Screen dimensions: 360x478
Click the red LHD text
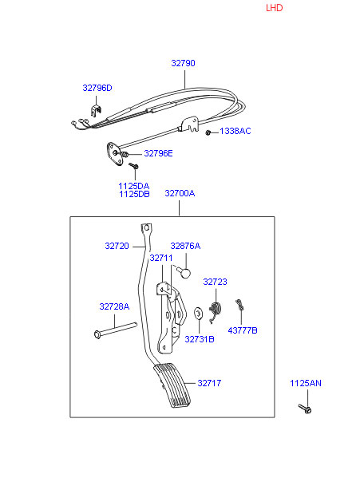coord(274,8)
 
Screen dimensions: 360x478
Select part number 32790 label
coord(183,63)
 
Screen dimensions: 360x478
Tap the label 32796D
coord(97,88)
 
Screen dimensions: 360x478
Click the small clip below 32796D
coord(96,110)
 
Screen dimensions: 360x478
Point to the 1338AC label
coord(235,131)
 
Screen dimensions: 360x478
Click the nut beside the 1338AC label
coord(208,132)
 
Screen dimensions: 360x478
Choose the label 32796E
coord(158,153)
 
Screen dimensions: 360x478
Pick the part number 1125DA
coord(134,186)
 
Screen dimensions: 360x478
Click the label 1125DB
coord(134,194)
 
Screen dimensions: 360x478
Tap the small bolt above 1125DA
coord(133,166)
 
